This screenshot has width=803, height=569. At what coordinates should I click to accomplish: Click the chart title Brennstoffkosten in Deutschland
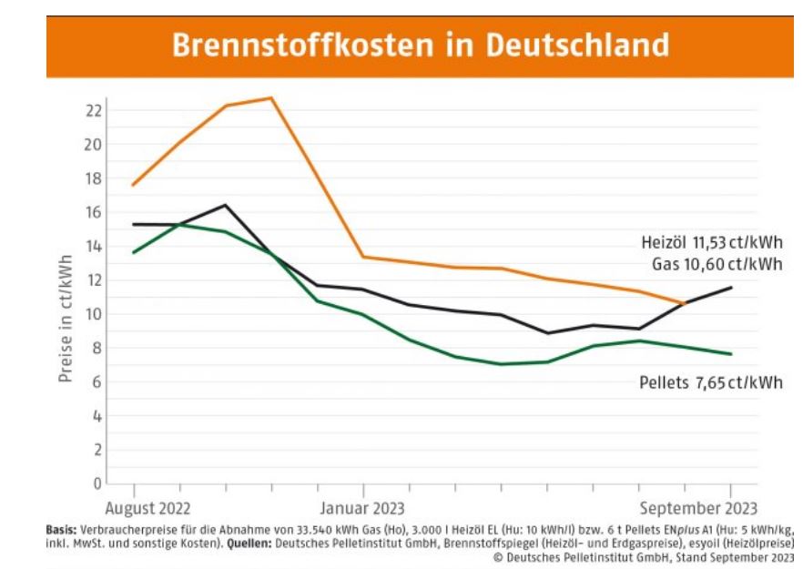tap(420, 44)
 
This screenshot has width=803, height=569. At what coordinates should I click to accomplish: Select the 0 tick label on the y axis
tap(97, 483)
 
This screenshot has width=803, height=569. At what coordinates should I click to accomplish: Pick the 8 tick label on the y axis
tap(97, 348)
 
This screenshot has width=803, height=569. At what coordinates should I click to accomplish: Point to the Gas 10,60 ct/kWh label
tap(717, 264)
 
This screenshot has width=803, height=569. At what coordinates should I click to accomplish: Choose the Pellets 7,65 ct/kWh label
tap(710, 382)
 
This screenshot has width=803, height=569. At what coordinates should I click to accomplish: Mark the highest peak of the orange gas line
tap(271, 97)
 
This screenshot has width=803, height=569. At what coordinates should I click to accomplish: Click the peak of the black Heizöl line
tap(225, 205)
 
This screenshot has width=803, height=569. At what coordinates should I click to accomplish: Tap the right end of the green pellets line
tap(731, 354)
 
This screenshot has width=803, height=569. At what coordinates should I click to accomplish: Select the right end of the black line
tap(731, 288)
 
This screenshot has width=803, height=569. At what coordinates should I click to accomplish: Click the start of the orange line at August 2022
tap(133, 186)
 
